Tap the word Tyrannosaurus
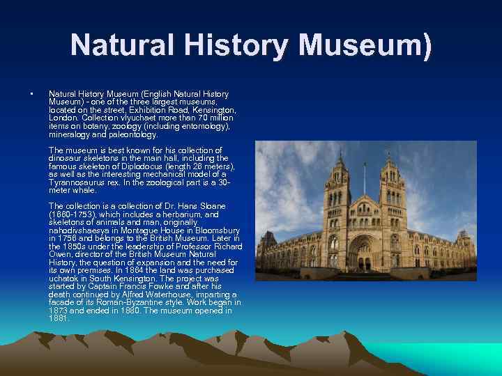click(x=79, y=182)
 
